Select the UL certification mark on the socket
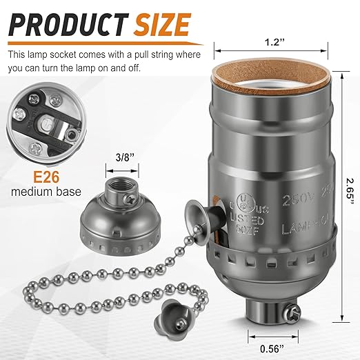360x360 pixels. pyautogui.click(x=243, y=205)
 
